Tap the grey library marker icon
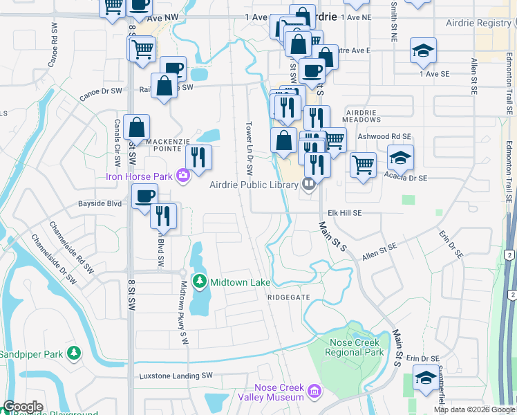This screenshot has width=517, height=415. coord(309,184)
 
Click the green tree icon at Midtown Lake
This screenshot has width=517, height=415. coord(200,282)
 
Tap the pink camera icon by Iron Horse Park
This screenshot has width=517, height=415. coord(183,176)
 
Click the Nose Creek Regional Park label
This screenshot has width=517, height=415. coord(350,347)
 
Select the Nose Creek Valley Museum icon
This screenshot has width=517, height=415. coord(314,392)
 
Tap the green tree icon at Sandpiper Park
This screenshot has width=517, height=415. coord(74,353)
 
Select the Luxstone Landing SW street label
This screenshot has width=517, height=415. coord(176,376)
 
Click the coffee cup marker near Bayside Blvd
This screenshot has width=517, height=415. coord(144,196)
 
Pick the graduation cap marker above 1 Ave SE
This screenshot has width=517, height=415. coord(423,50)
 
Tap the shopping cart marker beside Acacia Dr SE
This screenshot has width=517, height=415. coord(363,165)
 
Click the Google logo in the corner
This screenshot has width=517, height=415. coord(23,407)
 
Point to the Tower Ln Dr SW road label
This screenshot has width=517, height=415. coord(249,149)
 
